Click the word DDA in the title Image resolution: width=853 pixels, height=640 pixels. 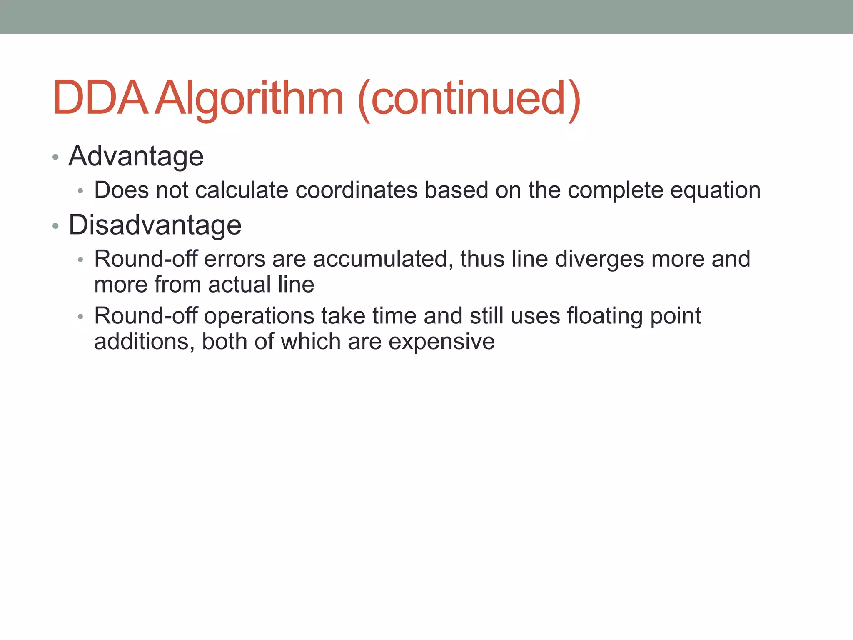pos(100,98)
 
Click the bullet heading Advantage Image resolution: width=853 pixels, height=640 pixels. pos(136,156)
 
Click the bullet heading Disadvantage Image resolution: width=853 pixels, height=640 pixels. pos(155,225)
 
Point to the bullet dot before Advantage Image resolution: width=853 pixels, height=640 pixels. pos(55,157)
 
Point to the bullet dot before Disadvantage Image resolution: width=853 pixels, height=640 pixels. pos(55,226)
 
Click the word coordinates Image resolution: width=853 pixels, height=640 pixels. pos(357,190)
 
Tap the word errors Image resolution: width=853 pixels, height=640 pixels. pos(234,259)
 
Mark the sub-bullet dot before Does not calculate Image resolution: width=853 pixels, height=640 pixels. pos(81,191)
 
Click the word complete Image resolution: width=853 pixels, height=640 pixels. pos(615,190)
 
